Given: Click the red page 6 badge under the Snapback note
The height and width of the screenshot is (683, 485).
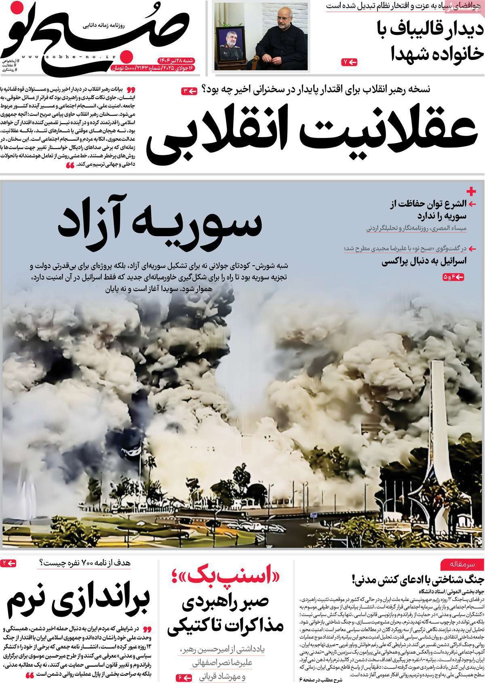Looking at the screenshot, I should tap(184, 677).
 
